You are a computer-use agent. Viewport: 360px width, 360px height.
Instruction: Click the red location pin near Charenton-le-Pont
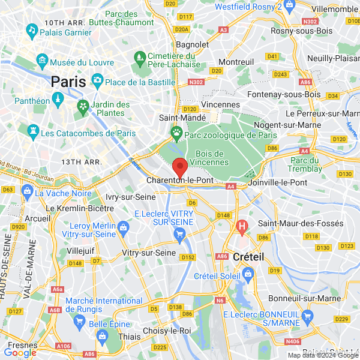pyautogui.click(x=179, y=167)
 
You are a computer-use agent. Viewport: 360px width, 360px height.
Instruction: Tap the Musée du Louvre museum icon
pyautogui.click(x=42, y=62)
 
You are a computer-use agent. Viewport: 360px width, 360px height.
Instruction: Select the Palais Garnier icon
pyautogui.click(x=32, y=29)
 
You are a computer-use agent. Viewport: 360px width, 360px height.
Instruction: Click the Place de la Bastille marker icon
pyautogui.click(x=97, y=80)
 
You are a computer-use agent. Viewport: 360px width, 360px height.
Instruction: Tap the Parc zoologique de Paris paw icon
pyautogui.click(x=177, y=132)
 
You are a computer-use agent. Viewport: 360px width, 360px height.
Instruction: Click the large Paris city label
pyautogui.click(x=68, y=82)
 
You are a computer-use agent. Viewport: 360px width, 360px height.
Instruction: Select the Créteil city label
pyautogui.click(x=248, y=256)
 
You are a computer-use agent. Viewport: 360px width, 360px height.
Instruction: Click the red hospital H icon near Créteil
pyautogui.click(x=242, y=227)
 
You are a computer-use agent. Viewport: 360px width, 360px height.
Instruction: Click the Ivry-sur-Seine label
pyautogui.click(x=130, y=197)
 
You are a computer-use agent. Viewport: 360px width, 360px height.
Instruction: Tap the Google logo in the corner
pyautogui.click(x=20, y=352)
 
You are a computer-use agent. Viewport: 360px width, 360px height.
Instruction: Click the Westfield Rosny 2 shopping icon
pyautogui.click(x=289, y=5)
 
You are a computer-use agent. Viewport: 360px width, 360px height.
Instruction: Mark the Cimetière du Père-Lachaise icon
pyautogui.click(x=140, y=58)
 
